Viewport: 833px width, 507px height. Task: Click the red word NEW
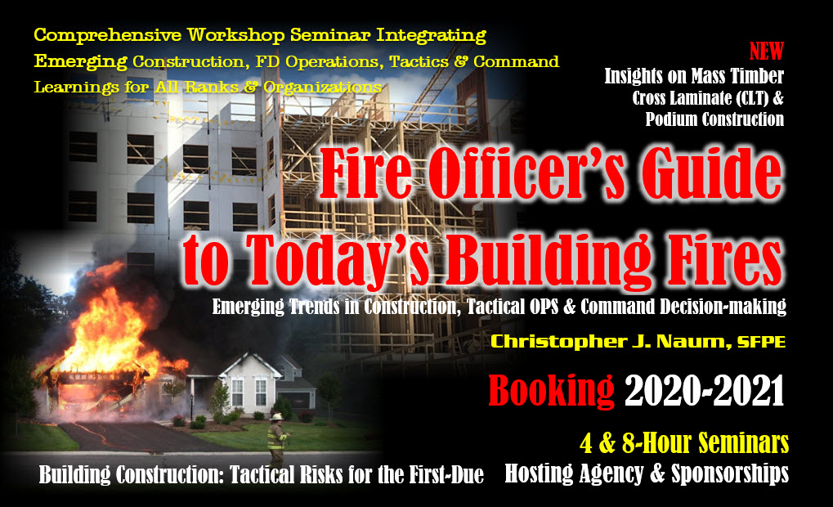tap(766, 52)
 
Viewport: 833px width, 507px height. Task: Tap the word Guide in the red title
tap(712, 173)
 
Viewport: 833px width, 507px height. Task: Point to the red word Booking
tap(551, 391)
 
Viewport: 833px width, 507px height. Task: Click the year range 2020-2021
tap(705, 390)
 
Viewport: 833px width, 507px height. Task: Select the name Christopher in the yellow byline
tap(554, 342)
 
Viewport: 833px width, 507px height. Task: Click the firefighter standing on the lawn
tap(277, 439)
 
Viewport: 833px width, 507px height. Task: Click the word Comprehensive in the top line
tap(107, 36)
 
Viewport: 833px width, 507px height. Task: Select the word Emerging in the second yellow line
tap(81, 62)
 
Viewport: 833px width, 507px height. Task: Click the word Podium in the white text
tap(671, 119)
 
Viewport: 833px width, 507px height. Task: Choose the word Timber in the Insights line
tap(757, 76)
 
